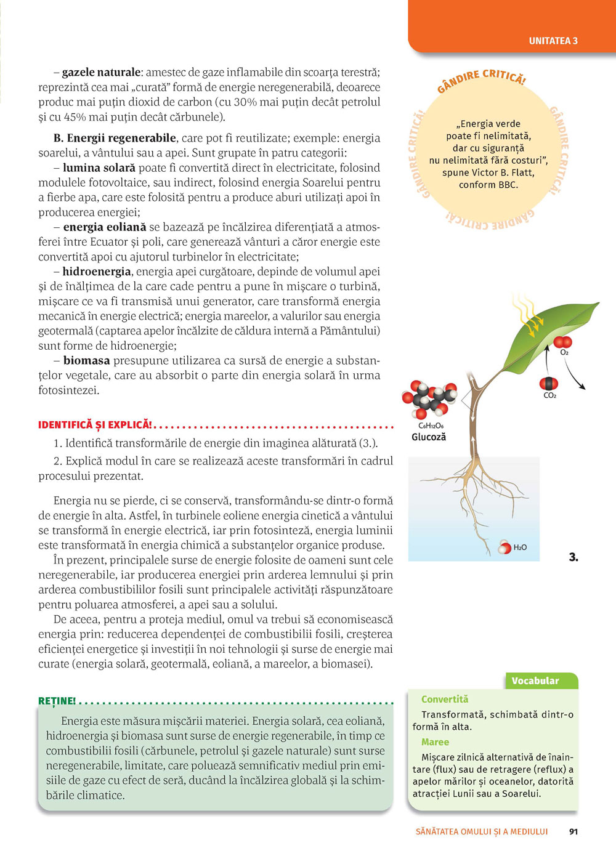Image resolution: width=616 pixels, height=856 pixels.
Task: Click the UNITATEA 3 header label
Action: (x=553, y=41)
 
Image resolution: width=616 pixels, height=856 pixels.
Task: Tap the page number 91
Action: (x=573, y=831)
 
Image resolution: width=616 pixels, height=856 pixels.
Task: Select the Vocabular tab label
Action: (x=535, y=680)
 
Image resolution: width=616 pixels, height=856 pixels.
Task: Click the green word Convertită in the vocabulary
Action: (x=444, y=699)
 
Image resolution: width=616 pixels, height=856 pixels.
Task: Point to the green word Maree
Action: (x=435, y=742)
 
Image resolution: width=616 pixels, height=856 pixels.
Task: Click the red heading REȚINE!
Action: (x=57, y=701)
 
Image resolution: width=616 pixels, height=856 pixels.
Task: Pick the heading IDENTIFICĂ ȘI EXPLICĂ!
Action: (x=95, y=425)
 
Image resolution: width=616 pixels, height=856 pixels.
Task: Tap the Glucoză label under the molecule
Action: (x=428, y=437)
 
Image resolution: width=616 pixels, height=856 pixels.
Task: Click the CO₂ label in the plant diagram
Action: (x=549, y=395)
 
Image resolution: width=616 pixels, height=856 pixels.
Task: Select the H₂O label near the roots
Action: (x=520, y=547)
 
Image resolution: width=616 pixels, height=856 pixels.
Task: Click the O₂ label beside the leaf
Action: (x=564, y=353)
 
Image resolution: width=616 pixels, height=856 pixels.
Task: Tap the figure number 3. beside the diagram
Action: (x=573, y=557)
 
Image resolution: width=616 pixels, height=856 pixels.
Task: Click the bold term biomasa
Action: (x=86, y=361)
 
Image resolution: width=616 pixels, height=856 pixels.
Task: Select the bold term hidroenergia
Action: (x=97, y=272)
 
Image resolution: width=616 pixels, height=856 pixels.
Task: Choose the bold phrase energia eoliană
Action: (x=104, y=227)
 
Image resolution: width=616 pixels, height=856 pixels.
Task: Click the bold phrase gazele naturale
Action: (x=101, y=73)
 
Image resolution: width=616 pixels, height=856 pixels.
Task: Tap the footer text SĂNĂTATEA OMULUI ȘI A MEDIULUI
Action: (x=482, y=831)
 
